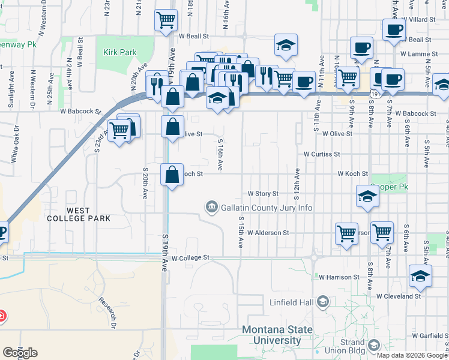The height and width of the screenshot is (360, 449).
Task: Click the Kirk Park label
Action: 120,53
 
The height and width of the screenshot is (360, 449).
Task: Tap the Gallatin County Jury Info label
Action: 267,208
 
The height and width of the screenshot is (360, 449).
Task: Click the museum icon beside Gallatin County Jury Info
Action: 211,208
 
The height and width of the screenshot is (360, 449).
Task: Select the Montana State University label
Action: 277,335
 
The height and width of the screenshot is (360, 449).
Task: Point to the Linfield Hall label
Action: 291,302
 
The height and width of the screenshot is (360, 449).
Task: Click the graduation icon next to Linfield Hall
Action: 323,302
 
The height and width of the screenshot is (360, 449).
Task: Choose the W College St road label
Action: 190,258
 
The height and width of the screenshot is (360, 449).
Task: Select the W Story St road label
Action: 264,194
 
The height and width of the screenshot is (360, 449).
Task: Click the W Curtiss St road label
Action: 322,154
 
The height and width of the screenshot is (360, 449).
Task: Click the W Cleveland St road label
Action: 399,296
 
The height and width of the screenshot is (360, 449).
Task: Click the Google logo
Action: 20,353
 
